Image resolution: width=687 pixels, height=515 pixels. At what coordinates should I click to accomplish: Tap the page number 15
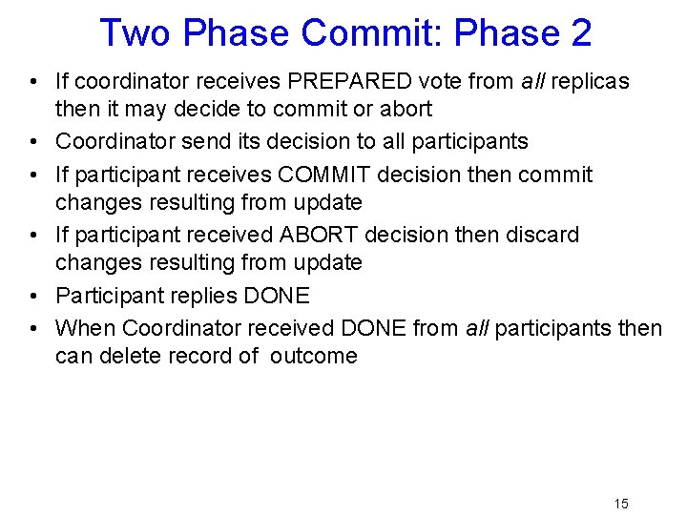click(621, 504)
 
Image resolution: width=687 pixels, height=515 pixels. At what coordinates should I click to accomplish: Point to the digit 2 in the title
click(580, 32)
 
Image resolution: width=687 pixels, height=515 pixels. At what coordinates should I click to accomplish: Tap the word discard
click(535, 235)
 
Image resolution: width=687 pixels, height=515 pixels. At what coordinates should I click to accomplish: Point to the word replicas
click(587, 81)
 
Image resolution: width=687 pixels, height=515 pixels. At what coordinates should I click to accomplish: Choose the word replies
click(204, 296)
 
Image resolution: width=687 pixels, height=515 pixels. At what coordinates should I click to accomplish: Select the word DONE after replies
click(277, 296)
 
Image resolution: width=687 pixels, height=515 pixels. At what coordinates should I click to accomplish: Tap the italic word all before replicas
click(530, 81)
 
